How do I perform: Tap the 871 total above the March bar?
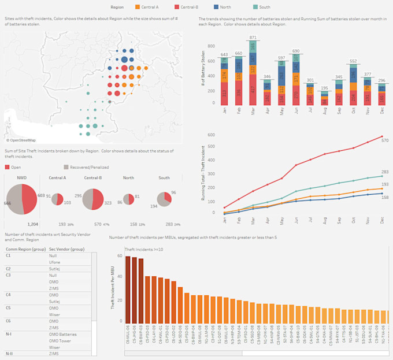253,38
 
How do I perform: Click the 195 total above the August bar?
325,87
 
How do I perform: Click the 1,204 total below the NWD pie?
32,224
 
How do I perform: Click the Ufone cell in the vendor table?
55,262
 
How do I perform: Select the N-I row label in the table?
9,334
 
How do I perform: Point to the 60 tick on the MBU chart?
120,256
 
